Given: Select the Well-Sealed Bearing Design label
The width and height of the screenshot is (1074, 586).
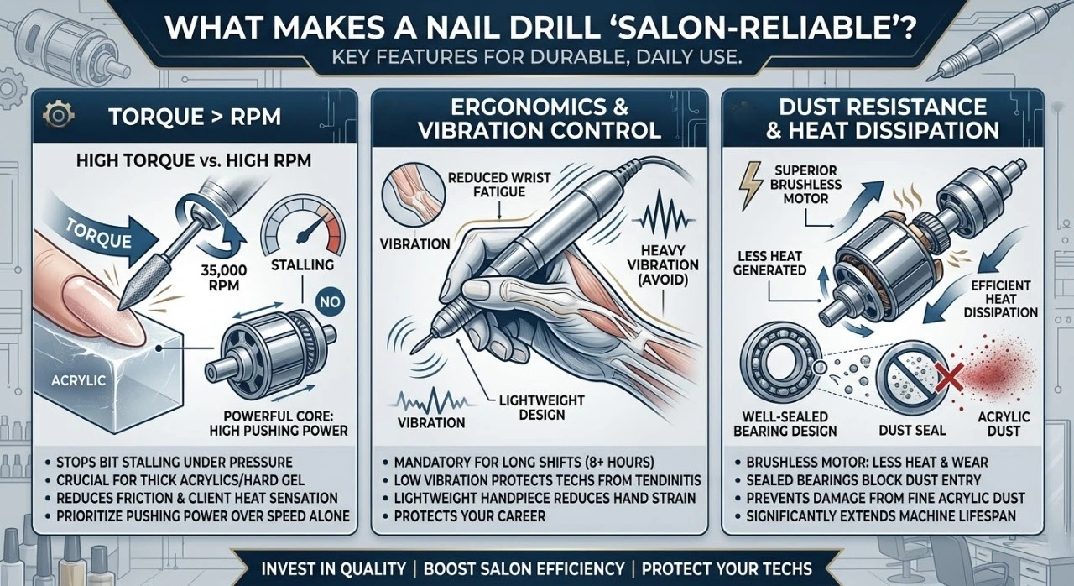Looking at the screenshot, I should coord(785,423).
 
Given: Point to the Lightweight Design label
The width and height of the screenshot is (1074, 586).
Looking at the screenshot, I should coord(530,406).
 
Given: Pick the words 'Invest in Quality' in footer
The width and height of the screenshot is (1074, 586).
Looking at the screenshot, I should coord(332,568).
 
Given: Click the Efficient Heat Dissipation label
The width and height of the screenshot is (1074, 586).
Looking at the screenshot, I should coord(998,298).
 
